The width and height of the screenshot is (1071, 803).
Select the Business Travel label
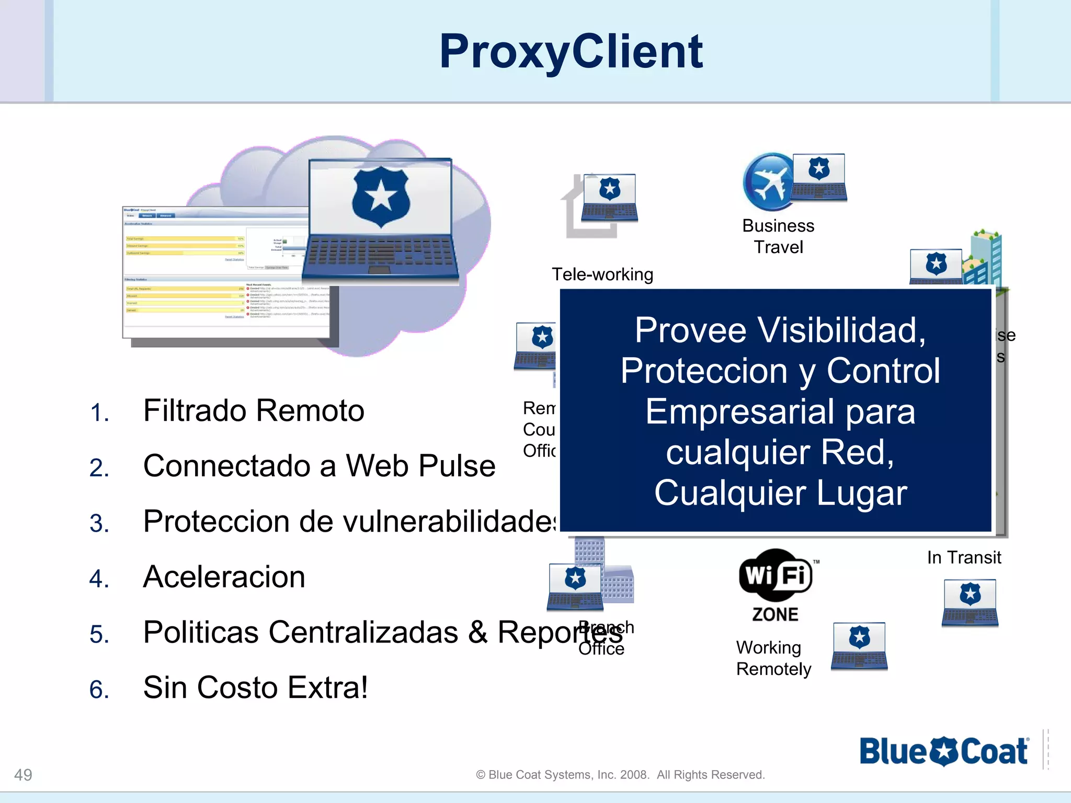[x=778, y=236]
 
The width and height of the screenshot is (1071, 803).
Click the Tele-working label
[x=602, y=274]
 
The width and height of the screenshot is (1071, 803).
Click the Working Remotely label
[x=773, y=658]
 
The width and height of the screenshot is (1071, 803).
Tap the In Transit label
[x=964, y=558]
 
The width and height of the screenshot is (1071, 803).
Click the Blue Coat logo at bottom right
[x=944, y=751]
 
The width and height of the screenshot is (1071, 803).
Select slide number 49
[x=23, y=775]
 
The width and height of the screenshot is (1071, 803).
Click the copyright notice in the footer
[x=620, y=775]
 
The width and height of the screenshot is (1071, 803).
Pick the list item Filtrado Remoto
[x=254, y=411]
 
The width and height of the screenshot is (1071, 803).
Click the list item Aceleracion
[x=224, y=577]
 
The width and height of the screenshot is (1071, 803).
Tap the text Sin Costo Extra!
[x=255, y=688]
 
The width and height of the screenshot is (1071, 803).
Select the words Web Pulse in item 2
[x=420, y=466]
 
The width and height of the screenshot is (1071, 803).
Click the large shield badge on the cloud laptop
[x=381, y=197]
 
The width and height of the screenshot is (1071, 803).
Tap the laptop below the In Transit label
[x=970, y=603]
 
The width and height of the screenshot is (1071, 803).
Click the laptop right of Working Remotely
[x=859, y=646]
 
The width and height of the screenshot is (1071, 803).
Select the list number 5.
[x=99, y=635]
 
